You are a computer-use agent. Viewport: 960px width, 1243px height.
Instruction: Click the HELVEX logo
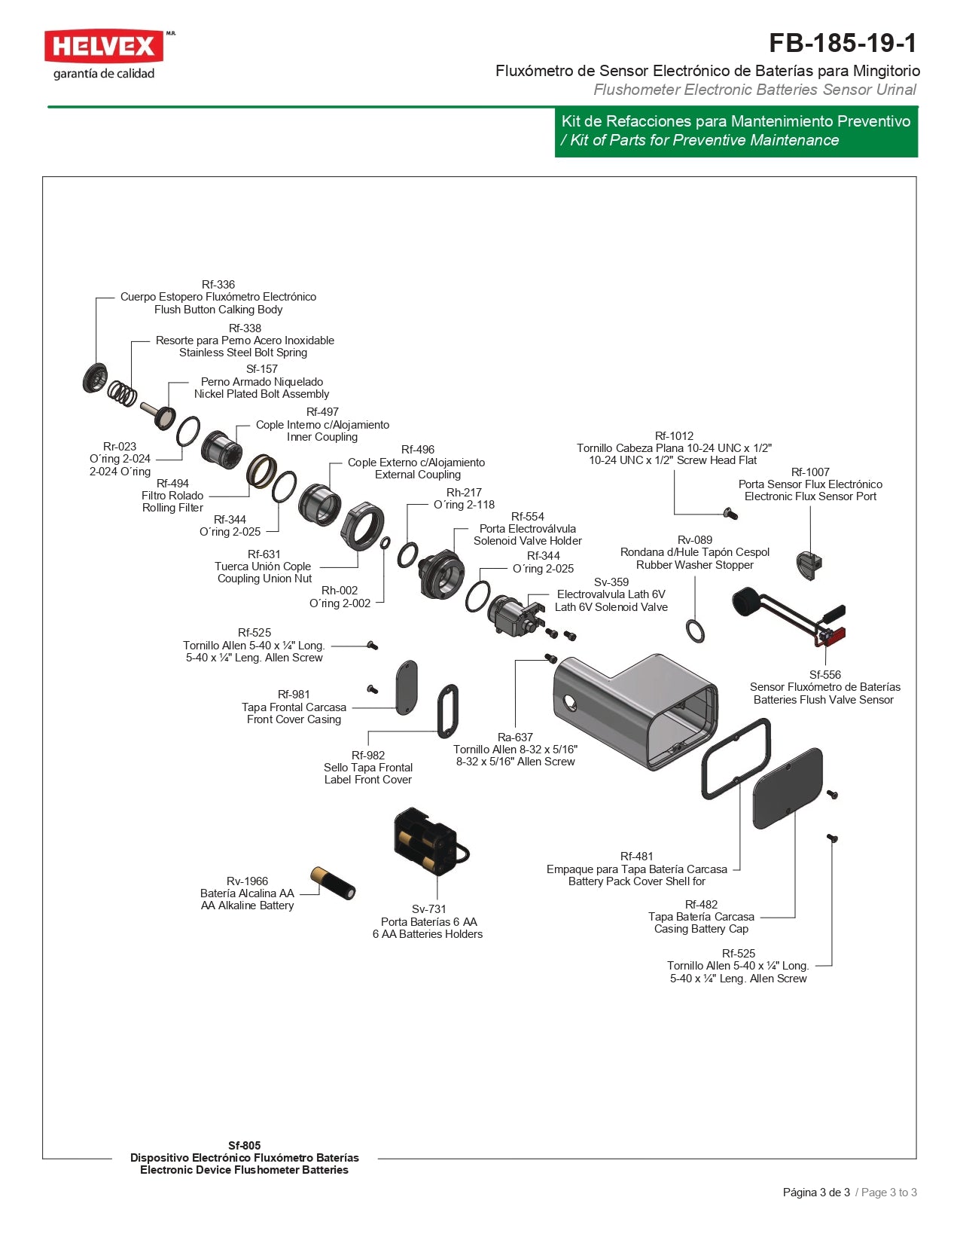coord(104,47)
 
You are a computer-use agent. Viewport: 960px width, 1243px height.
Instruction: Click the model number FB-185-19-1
coord(843,43)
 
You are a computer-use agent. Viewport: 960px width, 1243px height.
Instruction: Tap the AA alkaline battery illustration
coord(333,882)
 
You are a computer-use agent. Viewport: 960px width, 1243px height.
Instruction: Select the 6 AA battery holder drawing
coord(427,841)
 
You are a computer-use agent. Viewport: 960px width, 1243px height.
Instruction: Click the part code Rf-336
coord(218,285)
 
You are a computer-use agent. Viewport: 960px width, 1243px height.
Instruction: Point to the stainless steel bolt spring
coord(122,392)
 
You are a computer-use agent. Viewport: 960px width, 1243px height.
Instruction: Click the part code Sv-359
coord(611,582)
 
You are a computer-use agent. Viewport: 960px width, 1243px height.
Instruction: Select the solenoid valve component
coord(514,612)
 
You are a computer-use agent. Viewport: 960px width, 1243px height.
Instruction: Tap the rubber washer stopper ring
coord(695,631)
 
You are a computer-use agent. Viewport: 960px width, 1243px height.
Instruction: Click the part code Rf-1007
coord(810,472)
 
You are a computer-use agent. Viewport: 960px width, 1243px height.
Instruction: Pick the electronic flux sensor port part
coord(809,564)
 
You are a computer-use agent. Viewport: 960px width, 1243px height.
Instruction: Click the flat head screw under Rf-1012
coord(730,514)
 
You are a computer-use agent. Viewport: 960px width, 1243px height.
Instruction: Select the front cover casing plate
coord(407,686)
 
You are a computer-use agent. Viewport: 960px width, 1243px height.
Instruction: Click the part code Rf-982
coord(368,756)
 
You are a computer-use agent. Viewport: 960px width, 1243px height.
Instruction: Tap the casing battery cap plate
coord(788,788)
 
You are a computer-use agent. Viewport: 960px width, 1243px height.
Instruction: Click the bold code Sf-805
coord(245,1145)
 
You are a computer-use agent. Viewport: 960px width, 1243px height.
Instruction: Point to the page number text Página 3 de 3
coord(816,1193)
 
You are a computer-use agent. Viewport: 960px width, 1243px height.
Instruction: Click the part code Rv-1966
coord(247,881)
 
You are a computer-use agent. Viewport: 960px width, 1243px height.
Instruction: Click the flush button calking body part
coord(95,377)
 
